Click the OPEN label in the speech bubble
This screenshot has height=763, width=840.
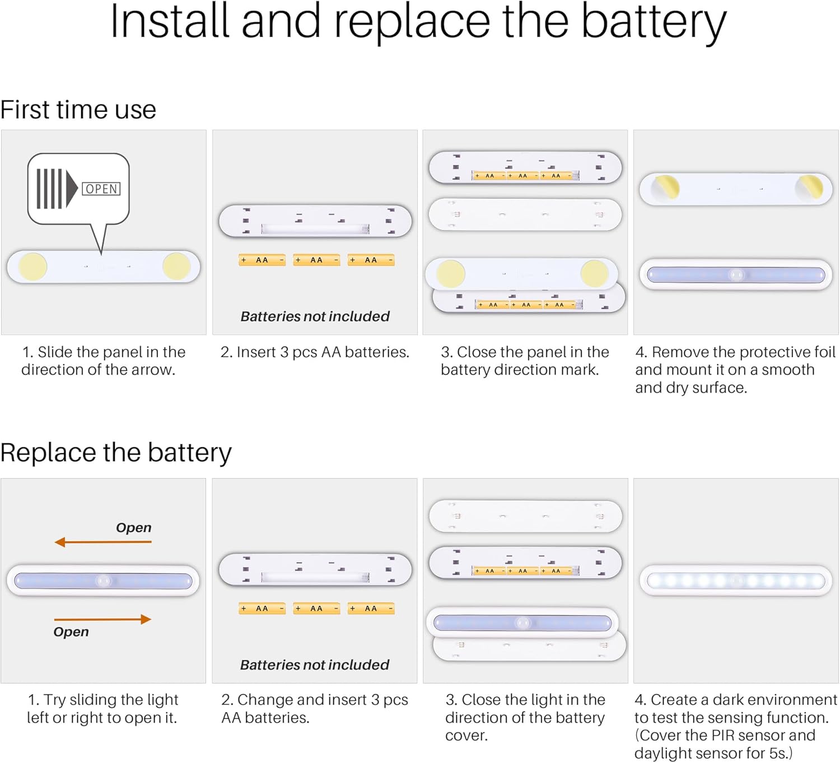pyautogui.click(x=101, y=189)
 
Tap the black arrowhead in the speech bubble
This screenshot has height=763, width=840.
pyautogui.click(x=71, y=189)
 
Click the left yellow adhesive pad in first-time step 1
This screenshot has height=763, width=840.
pyautogui.click(x=33, y=266)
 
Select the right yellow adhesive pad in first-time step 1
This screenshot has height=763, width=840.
pyautogui.click(x=176, y=266)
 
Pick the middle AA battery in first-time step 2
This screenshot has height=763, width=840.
pyautogui.click(x=316, y=260)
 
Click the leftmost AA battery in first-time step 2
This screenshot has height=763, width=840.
pyautogui.click(x=262, y=260)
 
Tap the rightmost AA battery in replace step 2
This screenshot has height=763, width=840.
pyautogui.click(x=371, y=608)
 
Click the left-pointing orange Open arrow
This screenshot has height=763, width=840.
pyautogui.click(x=102, y=542)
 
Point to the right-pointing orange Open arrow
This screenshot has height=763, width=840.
pyautogui.click(x=102, y=619)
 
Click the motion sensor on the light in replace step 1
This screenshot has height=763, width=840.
pyautogui.click(x=103, y=581)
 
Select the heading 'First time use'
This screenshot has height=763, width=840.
pyautogui.click(x=78, y=110)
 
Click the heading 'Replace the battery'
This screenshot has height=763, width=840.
pyautogui.click(x=116, y=452)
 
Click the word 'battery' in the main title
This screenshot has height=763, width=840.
pyautogui.click(x=654, y=22)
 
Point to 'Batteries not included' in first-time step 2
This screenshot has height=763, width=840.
pyautogui.click(x=315, y=316)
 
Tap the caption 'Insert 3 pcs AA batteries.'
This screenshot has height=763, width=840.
pyautogui.click(x=315, y=352)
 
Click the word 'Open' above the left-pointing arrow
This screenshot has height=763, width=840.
pyautogui.click(x=133, y=527)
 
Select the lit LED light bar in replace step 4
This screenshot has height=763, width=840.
pyautogui.click(x=736, y=581)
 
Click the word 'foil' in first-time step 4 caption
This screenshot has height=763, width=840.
pyautogui.click(x=824, y=352)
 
